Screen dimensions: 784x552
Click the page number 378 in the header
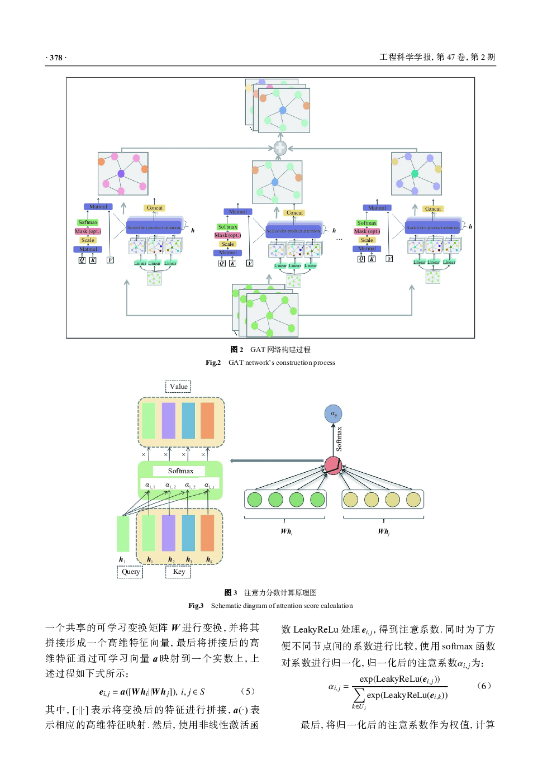point(56,58)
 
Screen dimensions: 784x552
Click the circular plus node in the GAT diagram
point(280,148)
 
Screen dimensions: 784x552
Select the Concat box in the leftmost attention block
point(154,208)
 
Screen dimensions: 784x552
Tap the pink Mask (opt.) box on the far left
point(88,231)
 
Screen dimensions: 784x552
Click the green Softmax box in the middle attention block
point(227,227)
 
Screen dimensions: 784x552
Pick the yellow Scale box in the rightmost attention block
point(367,240)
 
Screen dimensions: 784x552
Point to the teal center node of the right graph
point(415,174)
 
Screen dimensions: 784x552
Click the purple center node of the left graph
point(121,174)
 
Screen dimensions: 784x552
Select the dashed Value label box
point(179,387)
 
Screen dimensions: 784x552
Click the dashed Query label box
point(130,572)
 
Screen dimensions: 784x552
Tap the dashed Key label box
point(179,572)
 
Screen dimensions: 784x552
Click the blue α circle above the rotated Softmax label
point(333,414)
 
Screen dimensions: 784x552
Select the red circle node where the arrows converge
point(333,465)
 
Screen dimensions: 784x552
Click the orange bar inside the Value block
point(207,421)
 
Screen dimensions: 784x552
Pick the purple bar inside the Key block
point(169,533)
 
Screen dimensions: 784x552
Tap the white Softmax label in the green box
point(180,471)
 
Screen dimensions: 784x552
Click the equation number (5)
point(248,692)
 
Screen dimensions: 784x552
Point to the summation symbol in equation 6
point(359,695)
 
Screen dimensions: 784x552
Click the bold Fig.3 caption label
point(196,606)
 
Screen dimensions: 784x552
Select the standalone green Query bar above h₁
point(123,533)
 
